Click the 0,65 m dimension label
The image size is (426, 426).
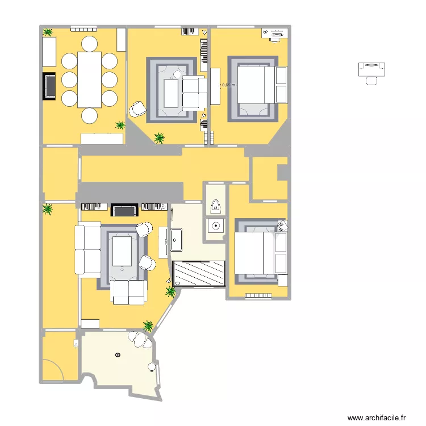tap(228, 85)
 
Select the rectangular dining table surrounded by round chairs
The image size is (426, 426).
tap(89, 79)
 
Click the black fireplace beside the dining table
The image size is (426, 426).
tap(50, 86)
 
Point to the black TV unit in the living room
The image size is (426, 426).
tap(125, 211)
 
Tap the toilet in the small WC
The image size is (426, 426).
tap(216, 206)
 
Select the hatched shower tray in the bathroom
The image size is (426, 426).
tap(199, 273)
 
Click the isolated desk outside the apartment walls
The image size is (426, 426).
tap(372, 69)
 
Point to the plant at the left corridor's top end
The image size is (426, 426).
tap(48, 210)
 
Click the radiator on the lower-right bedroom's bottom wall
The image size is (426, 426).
tap(258, 295)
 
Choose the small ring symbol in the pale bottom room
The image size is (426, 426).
tap(118, 355)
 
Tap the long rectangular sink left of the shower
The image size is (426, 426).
tap(176, 240)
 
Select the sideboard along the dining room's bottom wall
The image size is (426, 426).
tap(102, 139)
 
